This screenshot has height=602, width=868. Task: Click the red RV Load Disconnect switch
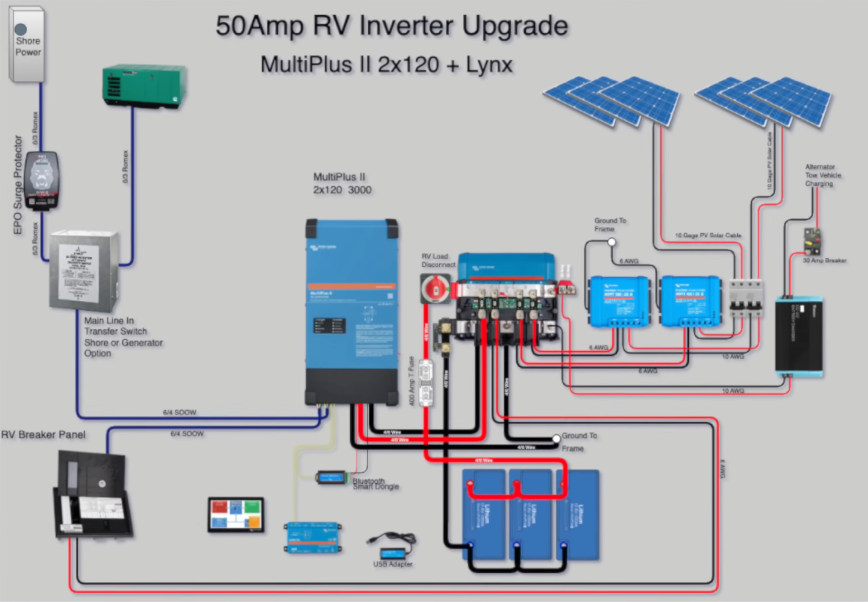435,288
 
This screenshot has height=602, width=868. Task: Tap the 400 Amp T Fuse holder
426,382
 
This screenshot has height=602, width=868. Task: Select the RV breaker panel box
92,496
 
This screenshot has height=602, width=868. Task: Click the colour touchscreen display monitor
236,514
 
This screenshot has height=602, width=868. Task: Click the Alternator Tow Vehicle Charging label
822,175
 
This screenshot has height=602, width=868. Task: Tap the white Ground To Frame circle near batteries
556,438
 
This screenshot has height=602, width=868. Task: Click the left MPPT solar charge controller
619,301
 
